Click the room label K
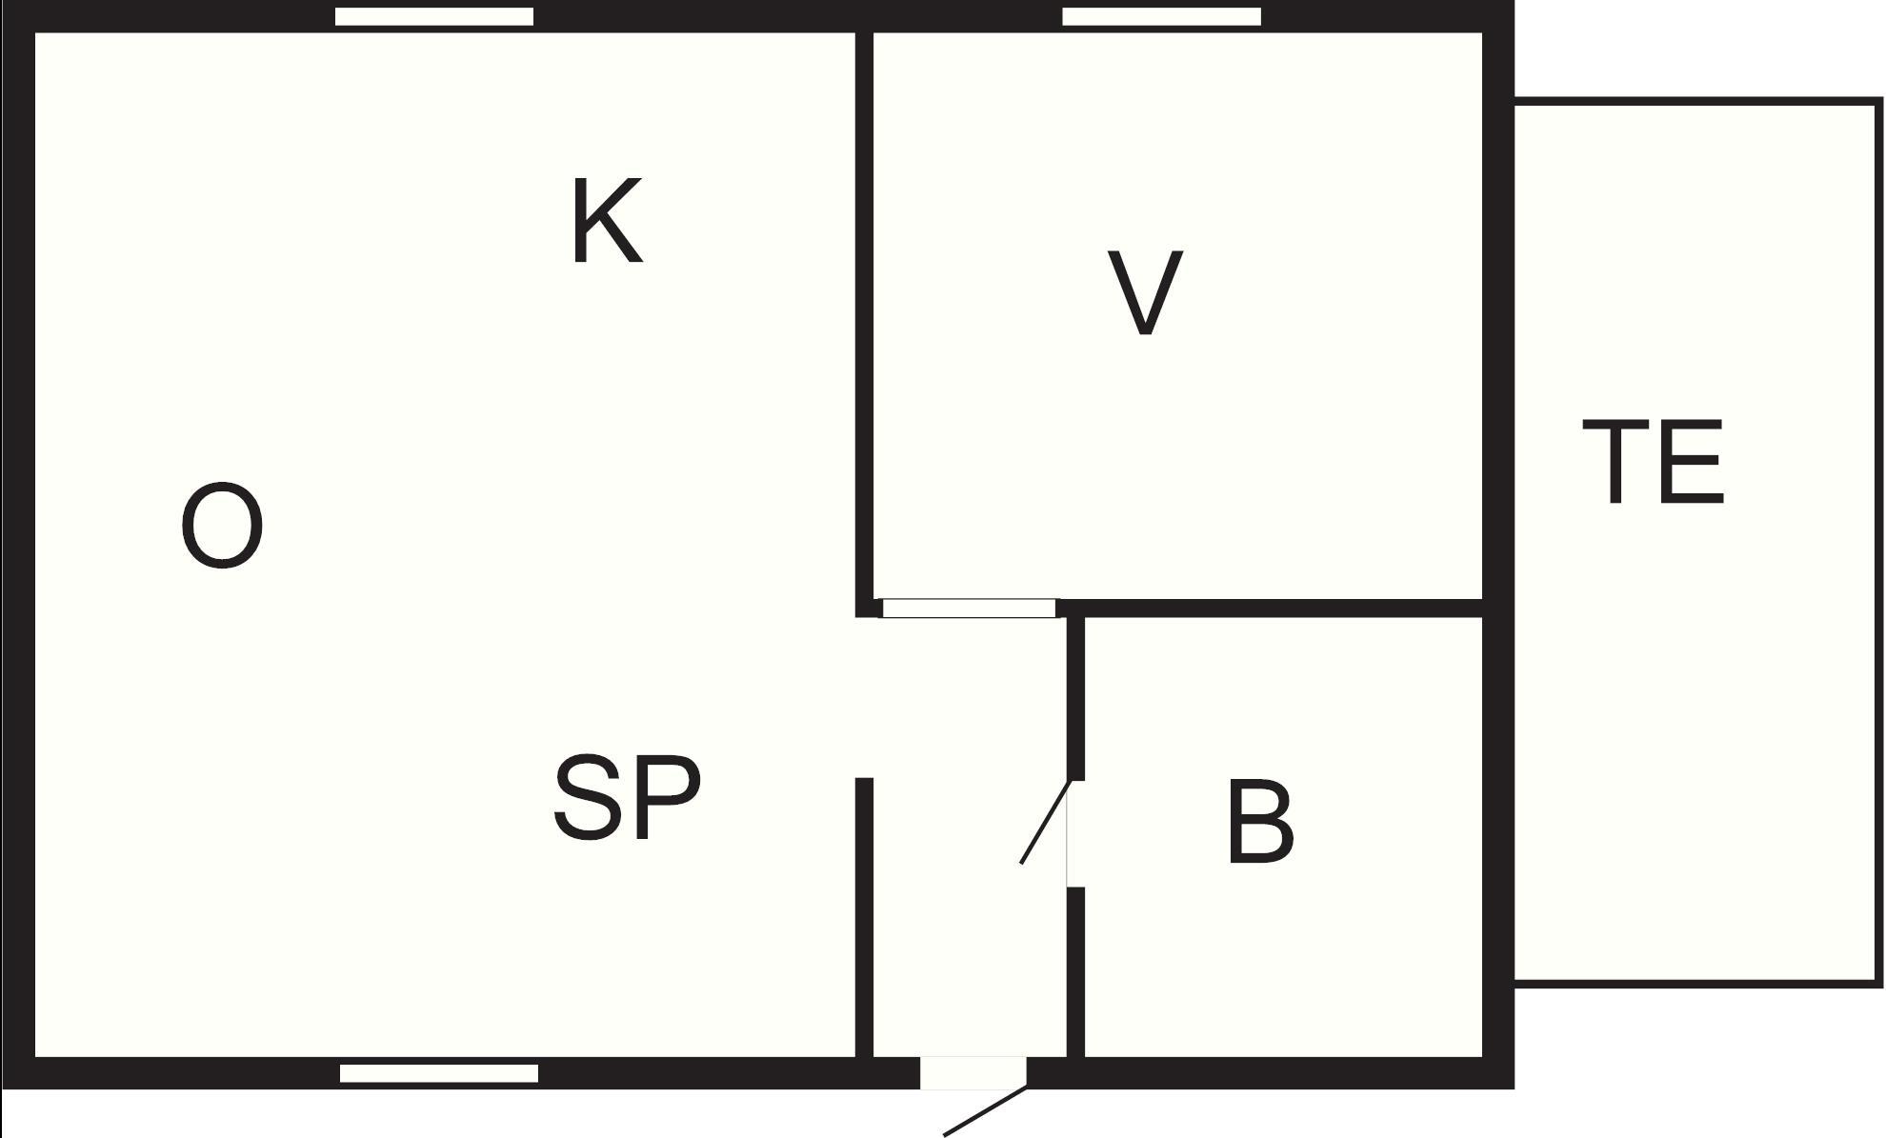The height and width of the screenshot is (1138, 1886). pos(607,221)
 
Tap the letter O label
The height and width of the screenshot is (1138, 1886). pos(222,526)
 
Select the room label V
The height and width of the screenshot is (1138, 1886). pos(1145,293)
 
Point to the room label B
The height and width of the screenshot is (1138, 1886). pos(1260,823)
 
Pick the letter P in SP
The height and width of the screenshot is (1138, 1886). pos(667,797)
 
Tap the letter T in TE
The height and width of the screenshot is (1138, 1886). pos(1615,462)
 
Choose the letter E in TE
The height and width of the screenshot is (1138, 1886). pos(1692,462)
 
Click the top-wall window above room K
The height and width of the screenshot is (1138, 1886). pos(434,16)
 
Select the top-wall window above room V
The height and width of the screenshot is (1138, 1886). pos(1161,16)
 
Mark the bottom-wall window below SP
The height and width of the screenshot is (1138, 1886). pos(439,1073)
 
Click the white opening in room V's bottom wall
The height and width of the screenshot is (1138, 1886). pos(969,609)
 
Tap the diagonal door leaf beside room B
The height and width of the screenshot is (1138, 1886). pos(1046,823)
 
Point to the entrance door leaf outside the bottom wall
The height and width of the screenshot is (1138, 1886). pos(985,1111)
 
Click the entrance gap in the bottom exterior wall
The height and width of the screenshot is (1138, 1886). pos(973,1072)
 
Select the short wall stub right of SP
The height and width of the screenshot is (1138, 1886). pos(864,914)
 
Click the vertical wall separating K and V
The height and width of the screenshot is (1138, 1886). pos(864,314)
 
